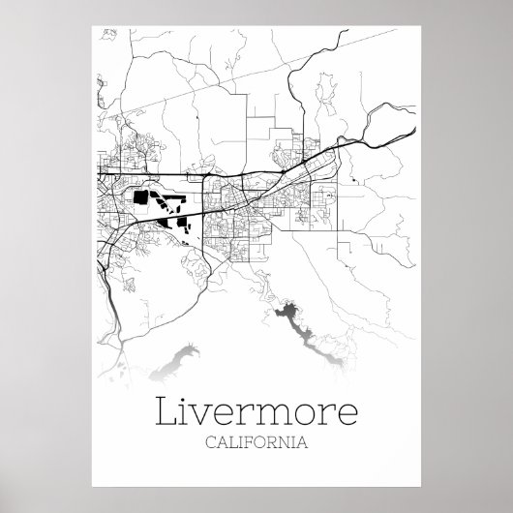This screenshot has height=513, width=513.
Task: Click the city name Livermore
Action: [256, 415]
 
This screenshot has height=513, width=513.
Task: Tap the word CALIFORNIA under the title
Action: [256, 444]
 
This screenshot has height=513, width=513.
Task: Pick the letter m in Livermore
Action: [275, 418]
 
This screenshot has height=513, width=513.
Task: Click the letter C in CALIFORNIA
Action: [210, 444]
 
